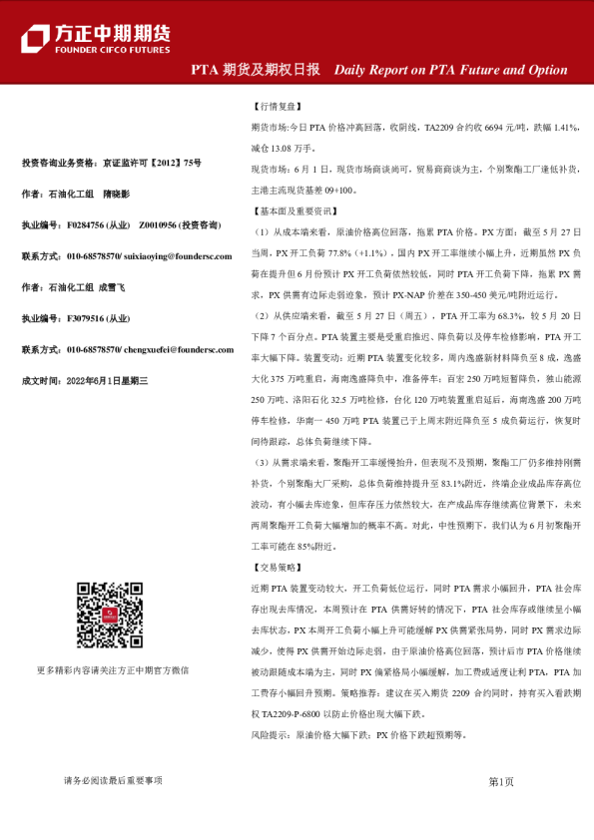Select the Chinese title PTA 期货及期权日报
pos(256,70)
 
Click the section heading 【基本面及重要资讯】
pos(290,211)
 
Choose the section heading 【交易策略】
pos(272,568)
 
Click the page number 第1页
pos(501,781)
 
